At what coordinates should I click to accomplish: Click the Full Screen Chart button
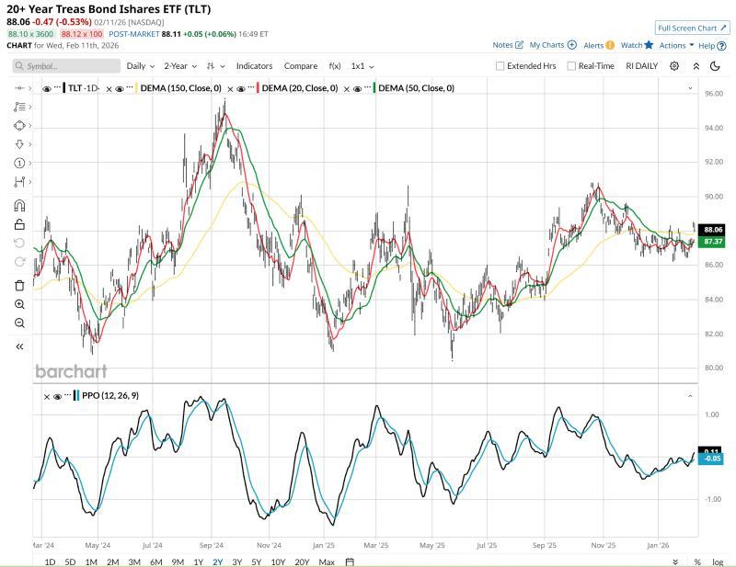[x=692, y=28]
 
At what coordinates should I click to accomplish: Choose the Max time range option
[x=326, y=561]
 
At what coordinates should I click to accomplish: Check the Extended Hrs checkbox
[x=500, y=66]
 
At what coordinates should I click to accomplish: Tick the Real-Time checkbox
[x=571, y=66]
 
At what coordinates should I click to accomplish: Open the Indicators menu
[x=254, y=66]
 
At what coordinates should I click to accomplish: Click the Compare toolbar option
[x=301, y=66]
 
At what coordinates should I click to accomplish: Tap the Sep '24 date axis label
[x=212, y=544]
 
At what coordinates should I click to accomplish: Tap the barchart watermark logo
[x=71, y=371]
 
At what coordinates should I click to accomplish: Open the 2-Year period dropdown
[x=180, y=66]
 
